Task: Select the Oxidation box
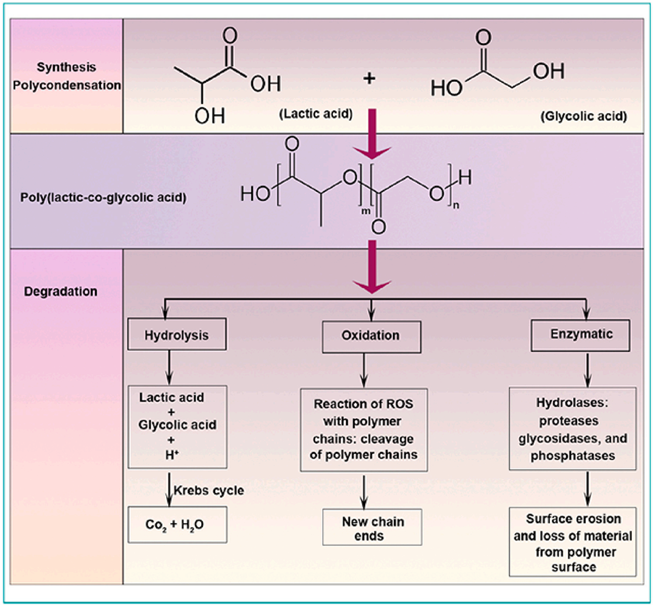coord(371,336)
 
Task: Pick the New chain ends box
coord(373,528)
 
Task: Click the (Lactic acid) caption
coord(315,114)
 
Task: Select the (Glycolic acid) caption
coord(583,116)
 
